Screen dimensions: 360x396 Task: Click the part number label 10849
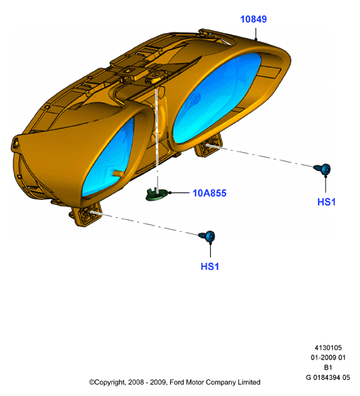pos(254,19)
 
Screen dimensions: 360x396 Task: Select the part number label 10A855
pos(209,193)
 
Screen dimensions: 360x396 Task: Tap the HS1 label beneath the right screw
pos(326,202)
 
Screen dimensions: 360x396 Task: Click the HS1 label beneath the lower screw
pos(210,266)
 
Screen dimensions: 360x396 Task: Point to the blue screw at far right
pos(323,169)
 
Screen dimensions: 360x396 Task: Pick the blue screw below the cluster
pos(207,236)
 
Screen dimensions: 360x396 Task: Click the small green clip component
pos(157,194)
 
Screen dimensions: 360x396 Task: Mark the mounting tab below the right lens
pos(208,146)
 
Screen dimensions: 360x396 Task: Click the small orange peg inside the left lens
pos(118,173)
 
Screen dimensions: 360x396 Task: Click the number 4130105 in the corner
pos(328,348)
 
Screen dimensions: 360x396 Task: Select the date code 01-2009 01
pos(328,357)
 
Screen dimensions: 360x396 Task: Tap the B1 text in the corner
pos(328,367)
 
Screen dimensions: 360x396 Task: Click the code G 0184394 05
pos(328,378)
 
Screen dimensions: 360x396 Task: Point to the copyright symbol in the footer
pos(92,383)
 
